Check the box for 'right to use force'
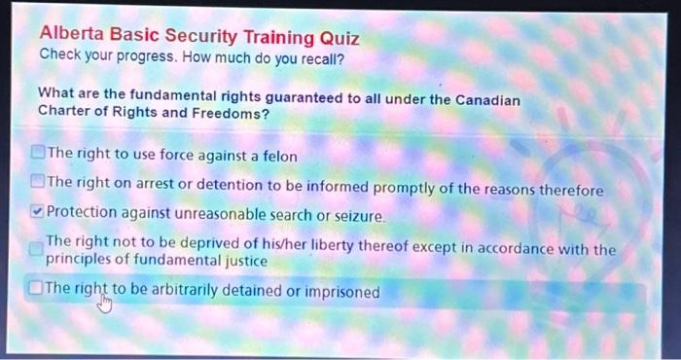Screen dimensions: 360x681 tap(38, 154)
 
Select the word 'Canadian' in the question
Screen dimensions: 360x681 tap(488, 101)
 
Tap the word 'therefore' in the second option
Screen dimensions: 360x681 tap(572, 189)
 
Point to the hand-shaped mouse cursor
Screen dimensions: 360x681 tap(105, 305)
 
